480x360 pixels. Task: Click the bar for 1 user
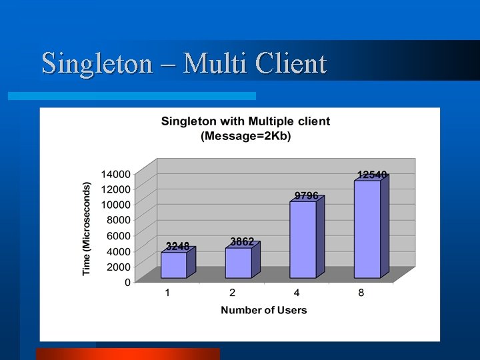174,265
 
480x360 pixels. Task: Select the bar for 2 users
239,263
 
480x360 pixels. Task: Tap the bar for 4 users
303,239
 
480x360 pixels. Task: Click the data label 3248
177,246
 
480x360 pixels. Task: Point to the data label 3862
242,241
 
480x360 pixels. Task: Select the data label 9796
307,195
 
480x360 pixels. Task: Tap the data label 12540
372,175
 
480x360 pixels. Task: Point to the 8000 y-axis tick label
118,219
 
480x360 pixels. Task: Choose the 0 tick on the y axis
127,282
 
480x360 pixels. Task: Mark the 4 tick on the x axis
297,294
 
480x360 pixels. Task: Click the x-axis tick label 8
361,294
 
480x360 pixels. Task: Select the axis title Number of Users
264,310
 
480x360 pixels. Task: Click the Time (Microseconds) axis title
87,228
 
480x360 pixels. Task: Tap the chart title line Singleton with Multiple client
245,122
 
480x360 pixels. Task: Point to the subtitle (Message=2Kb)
246,135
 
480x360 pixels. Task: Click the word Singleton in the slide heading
97,64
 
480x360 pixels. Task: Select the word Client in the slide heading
288,64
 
